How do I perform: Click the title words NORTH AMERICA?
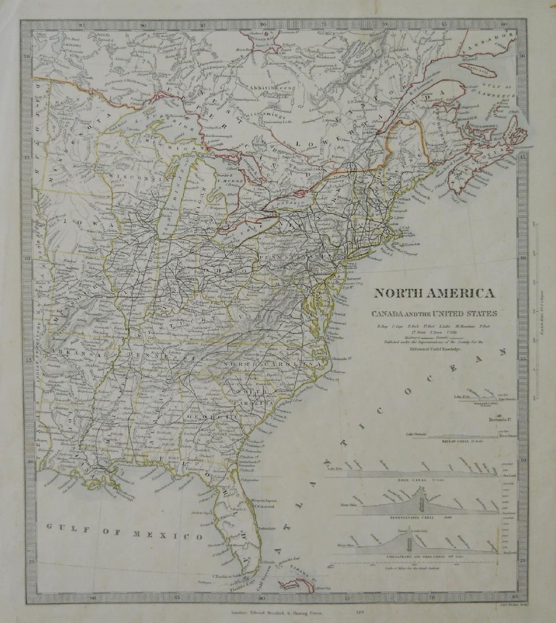point(434,293)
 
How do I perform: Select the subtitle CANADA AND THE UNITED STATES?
point(434,313)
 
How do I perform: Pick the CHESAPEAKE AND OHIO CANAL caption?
point(419,557)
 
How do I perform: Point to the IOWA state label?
point(82,223)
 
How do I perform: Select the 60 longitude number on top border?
point(503,24)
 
